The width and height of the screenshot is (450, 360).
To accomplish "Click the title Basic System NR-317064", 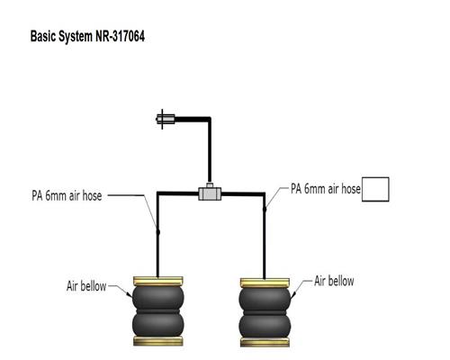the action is click(87, 37).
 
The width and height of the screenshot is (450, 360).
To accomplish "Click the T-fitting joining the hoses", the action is click(210, 193).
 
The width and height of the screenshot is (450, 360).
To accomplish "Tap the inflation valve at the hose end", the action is click(166, 119).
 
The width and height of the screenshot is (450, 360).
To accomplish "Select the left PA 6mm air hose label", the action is click(67, 195).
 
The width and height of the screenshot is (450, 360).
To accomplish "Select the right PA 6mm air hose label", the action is click(326, 189).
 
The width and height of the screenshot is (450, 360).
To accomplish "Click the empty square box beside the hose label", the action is click(375, 189).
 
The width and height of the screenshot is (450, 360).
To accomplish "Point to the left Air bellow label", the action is click(86, 286).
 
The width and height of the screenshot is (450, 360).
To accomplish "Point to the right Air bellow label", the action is click(334, 281).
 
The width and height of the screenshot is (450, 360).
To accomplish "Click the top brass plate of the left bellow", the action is click(158, 281).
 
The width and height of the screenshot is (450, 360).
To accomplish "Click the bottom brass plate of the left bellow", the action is click(158, 341).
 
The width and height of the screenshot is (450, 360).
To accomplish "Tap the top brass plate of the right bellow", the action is click(265, 283).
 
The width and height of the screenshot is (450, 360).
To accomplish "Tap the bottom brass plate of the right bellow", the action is click(265, 342).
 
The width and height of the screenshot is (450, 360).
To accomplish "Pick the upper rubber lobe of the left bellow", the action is click(158, 298).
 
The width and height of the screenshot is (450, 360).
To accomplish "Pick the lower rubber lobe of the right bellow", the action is click(265, 326).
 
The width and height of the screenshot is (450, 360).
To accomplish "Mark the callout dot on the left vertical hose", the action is click(157, 232).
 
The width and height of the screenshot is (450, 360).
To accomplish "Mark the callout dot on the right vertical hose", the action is click(265, 209).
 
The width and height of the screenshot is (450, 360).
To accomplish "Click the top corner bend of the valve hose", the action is click(210, 119).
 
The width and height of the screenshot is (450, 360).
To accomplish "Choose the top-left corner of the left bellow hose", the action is click(157, 193).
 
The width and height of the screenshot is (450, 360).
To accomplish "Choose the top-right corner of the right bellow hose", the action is click(264, 194).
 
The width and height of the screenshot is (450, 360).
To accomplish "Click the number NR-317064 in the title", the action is click(120, 37).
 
